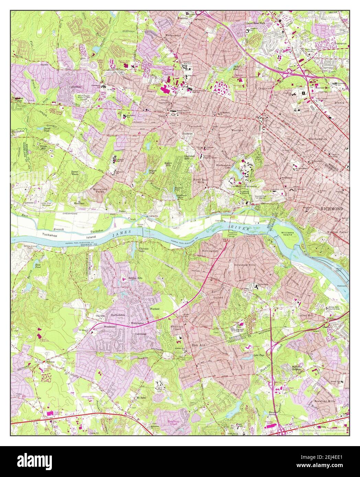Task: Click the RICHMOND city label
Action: [x=331, y=208]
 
